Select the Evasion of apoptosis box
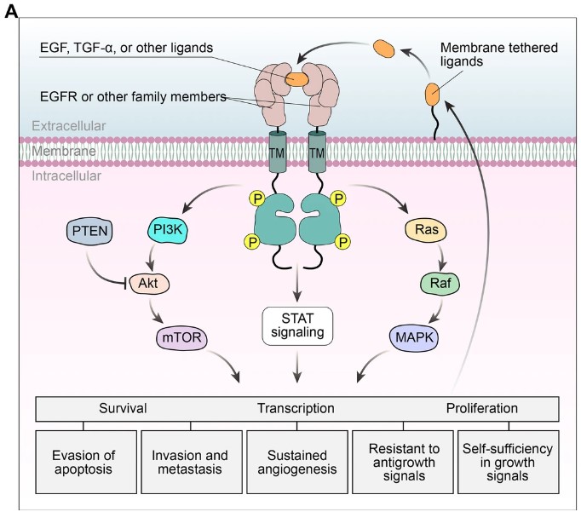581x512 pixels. click(83, 463)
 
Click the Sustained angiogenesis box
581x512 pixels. click(296, 463)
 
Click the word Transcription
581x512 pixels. click(296, 408)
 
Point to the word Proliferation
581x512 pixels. click(481, 408)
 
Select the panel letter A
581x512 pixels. click(10, 9)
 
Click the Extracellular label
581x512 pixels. click(69, 126)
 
